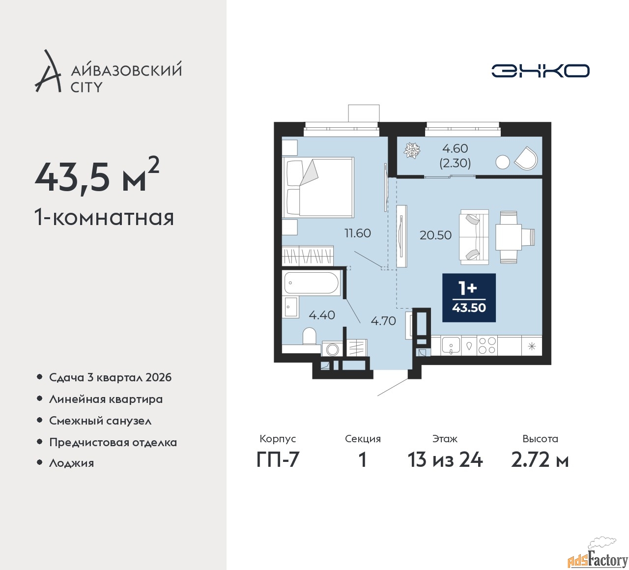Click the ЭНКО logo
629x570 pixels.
(540, 71)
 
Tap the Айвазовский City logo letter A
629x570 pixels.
(47, 71)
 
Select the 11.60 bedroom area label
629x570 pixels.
(357, 233)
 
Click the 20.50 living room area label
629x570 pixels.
(435, 235)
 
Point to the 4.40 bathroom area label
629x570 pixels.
(322, 315)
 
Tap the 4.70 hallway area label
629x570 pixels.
(383, 321)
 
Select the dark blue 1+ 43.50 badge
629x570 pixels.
(469, 298)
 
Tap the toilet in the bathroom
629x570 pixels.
(310, 336)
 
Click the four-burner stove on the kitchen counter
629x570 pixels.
(487, 345)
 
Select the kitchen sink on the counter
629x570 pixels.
(451, 345)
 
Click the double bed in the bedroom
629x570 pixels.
(318, 188)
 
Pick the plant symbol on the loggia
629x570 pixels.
(412, 150)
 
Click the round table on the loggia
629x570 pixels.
(503, 163)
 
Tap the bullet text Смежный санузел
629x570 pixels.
(100, 421)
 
